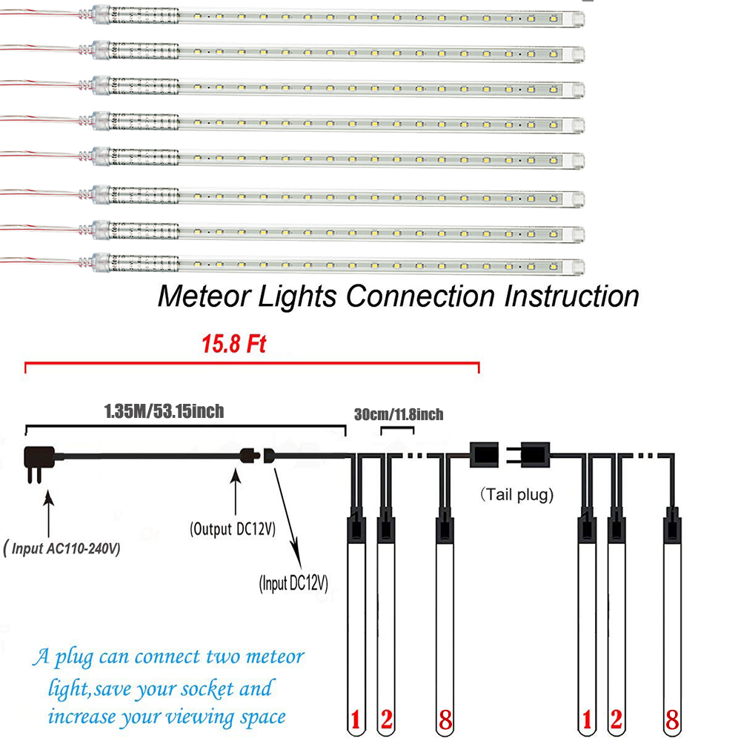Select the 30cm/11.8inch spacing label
398,414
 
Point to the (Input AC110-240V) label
62,549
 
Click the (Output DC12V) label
233,529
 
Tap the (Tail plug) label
517,495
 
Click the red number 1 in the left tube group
356,720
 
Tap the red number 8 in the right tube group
672,720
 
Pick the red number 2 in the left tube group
387,720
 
